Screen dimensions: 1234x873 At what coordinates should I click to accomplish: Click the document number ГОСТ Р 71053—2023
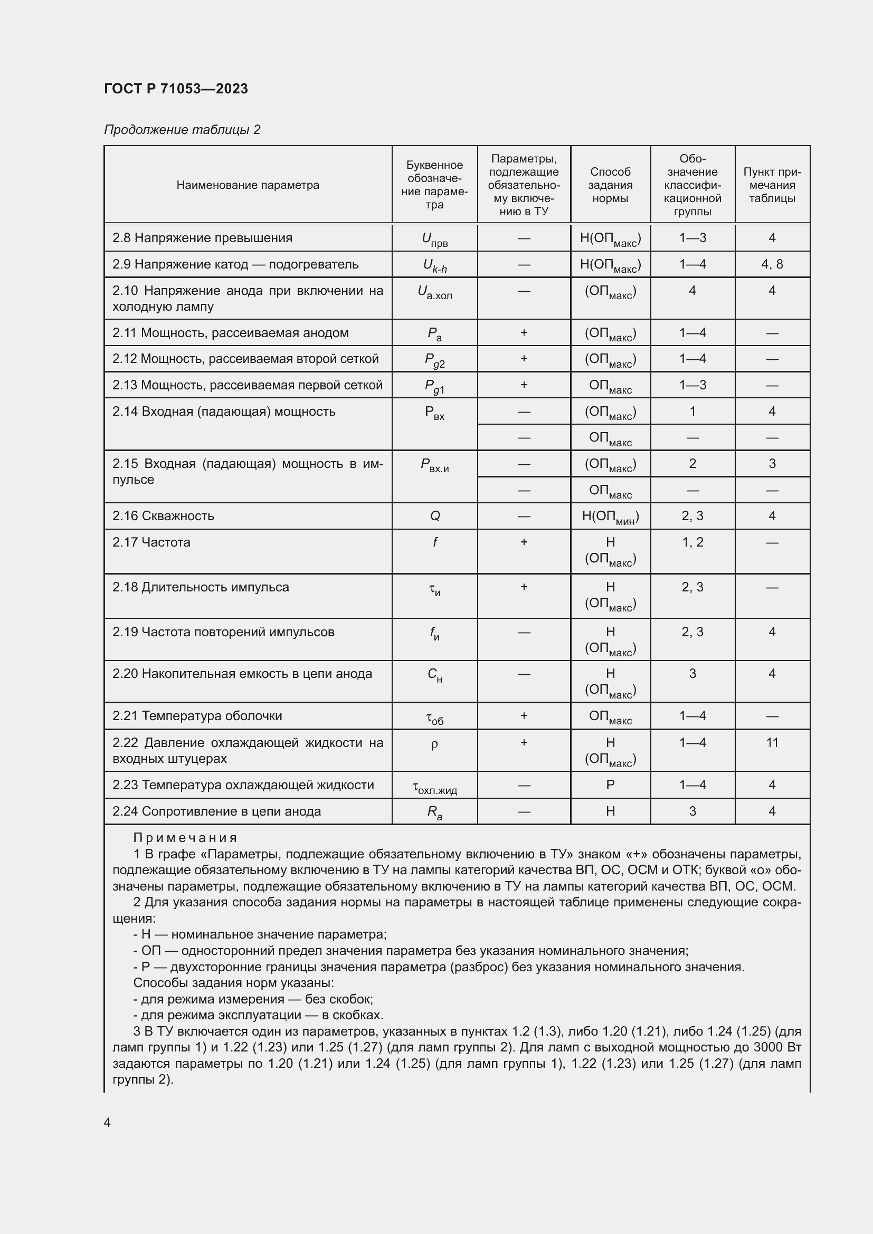tap(176, 89)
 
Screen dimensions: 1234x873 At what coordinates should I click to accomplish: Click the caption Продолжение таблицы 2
tap(182, 130)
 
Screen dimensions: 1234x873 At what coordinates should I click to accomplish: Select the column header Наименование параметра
tap(248, 185)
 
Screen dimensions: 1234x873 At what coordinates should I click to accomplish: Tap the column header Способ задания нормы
tap(610, 185)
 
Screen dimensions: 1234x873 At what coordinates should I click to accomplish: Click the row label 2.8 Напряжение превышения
tap(202, 238)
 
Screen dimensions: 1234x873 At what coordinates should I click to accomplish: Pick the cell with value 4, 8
tap(772, 264)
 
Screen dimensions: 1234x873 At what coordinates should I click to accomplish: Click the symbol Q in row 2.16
tap(435, 516)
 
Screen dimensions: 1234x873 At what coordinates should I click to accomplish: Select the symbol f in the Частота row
tap(435, 542)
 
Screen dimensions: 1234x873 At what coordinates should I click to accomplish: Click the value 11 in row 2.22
tap(772, 743)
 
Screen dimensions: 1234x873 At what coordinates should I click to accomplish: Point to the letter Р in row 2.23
tap(610, 785)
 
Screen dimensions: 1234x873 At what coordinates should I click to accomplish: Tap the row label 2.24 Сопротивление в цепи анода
tap(216, 811)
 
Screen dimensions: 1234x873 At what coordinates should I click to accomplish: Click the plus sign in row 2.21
tap(524, 716)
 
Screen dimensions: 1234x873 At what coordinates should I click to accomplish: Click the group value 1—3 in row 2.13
tap(692, 385)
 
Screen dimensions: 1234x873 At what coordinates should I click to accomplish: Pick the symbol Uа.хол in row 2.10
tap(435, 292)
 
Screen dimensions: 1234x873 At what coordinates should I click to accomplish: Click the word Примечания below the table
tap(185, 838)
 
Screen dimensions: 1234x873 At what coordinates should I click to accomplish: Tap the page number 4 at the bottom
tap(108, 1122)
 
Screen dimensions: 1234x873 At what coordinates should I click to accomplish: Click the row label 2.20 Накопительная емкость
tap(242, 673)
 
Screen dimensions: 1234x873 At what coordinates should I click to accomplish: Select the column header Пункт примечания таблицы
tap(772, 185)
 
